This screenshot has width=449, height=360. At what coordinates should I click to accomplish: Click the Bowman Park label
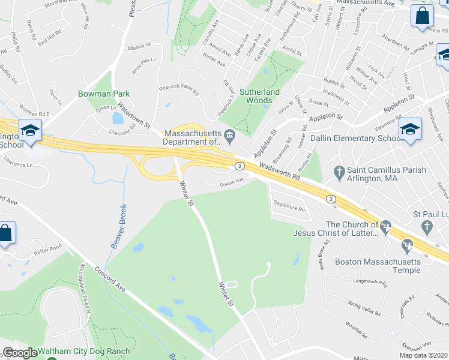[103, 94]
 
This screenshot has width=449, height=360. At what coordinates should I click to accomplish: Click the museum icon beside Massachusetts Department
[229, 138]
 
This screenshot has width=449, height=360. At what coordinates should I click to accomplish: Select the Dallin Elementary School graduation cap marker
[411, 129]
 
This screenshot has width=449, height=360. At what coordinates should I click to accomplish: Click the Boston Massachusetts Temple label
[378, 266]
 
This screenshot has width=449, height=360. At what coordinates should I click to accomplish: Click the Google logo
[20, 353]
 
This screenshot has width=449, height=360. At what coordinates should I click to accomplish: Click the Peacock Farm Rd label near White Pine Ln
[178, 89]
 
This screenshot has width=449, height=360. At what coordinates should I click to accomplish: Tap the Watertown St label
[134, 115]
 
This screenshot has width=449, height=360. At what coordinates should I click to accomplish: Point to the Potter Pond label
[48, 248]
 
